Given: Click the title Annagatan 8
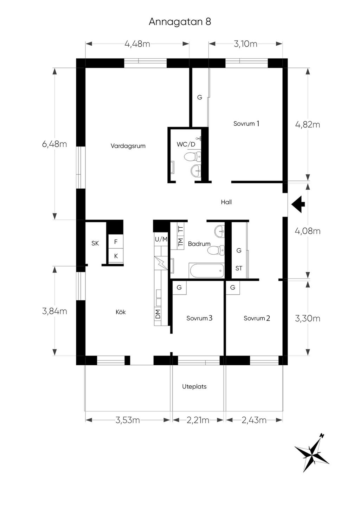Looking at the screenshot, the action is click(x=180, y=22).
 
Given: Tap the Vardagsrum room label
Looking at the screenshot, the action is click(x=128, y=146).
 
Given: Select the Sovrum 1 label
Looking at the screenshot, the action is click(x=246, y=124).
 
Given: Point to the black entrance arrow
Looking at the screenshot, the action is click(x=298, y=204).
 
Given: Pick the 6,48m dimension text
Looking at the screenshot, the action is click(x=54, y=144).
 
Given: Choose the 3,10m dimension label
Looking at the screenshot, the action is click(x=246, y=44).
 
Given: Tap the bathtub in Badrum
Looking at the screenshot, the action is click(x=206, y=270).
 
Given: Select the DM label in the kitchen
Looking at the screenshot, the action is click(x=158, y=314).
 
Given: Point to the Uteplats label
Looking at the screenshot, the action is click(x=194, y=386).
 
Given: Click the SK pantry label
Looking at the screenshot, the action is click(x=95, y=243).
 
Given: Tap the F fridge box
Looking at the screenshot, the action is click(x=116, y=242).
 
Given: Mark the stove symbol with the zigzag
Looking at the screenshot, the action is click(x=161, y=263).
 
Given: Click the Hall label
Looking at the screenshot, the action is click(x=226, y=202).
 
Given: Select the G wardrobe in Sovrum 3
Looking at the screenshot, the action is click(x=179, y=288).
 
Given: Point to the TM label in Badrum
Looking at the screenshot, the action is click(x=181, y=242).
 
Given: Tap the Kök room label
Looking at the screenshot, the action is click(x=121, y=312).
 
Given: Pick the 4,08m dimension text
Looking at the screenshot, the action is click(x=308, y=231).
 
